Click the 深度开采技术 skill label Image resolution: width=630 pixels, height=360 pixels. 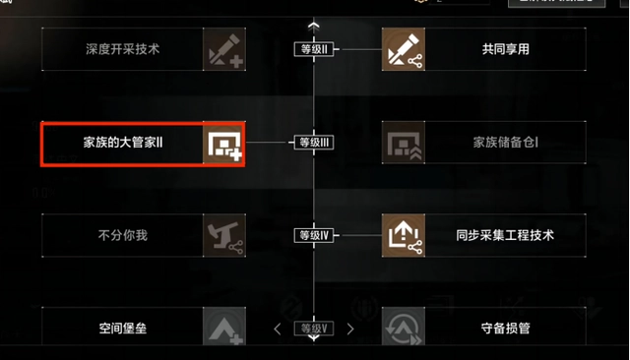123,48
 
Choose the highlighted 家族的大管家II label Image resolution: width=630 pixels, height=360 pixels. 123,143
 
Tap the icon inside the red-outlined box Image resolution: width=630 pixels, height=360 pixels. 223,144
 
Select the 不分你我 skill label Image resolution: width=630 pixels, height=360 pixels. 123,235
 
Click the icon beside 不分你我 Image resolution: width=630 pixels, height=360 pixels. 224,235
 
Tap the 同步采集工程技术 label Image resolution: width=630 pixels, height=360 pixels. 505,235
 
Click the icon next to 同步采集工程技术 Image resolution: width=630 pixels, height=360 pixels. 403,235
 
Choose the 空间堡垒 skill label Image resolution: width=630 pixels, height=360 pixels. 123,328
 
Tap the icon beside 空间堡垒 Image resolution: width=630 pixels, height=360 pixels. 224,328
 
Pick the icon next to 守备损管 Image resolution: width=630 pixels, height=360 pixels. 403,328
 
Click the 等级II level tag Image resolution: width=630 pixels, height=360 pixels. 314,49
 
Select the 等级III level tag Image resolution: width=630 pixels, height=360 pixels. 314,143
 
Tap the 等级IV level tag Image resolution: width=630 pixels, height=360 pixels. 314,235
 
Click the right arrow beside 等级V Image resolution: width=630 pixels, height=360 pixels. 350,329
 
